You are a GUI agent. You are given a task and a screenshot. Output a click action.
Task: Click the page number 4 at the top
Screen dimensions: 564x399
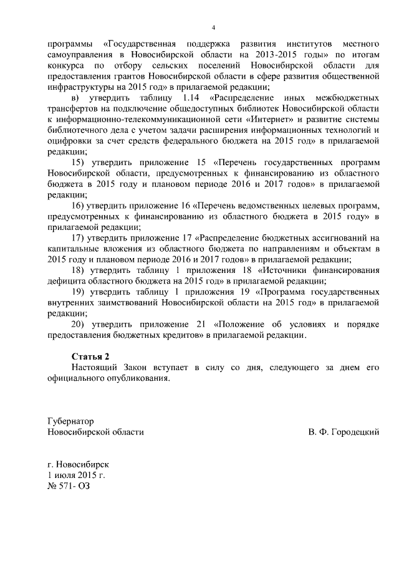pyautogui.click(x=214, y=28)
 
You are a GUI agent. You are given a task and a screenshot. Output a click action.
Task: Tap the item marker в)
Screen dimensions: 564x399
pyautogui.click(x=77, y=98)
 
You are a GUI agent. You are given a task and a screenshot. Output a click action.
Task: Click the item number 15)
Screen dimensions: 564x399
pyautogui.click(x=79, y=162)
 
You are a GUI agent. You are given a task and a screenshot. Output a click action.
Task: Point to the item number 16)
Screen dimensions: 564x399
pyautogui.click(x=79, y=205)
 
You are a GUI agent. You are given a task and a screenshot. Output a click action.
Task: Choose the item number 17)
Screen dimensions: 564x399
pyautogui.click(x=79, y=237)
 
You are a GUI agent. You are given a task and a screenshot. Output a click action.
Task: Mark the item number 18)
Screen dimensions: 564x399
pyautogui.click(x=79, y=270)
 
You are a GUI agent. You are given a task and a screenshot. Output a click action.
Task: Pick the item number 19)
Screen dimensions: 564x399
pyautogui.click(x=79, y=292)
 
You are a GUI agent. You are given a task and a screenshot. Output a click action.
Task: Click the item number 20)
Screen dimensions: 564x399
pyautogui.click(x=79, y=324)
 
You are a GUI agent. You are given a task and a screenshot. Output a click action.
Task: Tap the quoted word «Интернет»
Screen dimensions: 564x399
pyautogui.click(x=257, y=120)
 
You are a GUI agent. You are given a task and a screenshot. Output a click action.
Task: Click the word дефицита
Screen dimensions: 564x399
pyautogui.click(x=67, y=280)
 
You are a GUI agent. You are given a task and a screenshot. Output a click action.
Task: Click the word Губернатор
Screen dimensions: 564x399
pyautogui.click(x=71, y=421)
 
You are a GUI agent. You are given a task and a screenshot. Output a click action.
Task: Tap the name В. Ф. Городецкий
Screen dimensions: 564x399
pyautogui.click(x=344, y=432)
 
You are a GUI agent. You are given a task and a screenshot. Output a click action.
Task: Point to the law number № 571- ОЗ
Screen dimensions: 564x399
pyautogui.click(x=69, y=486)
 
